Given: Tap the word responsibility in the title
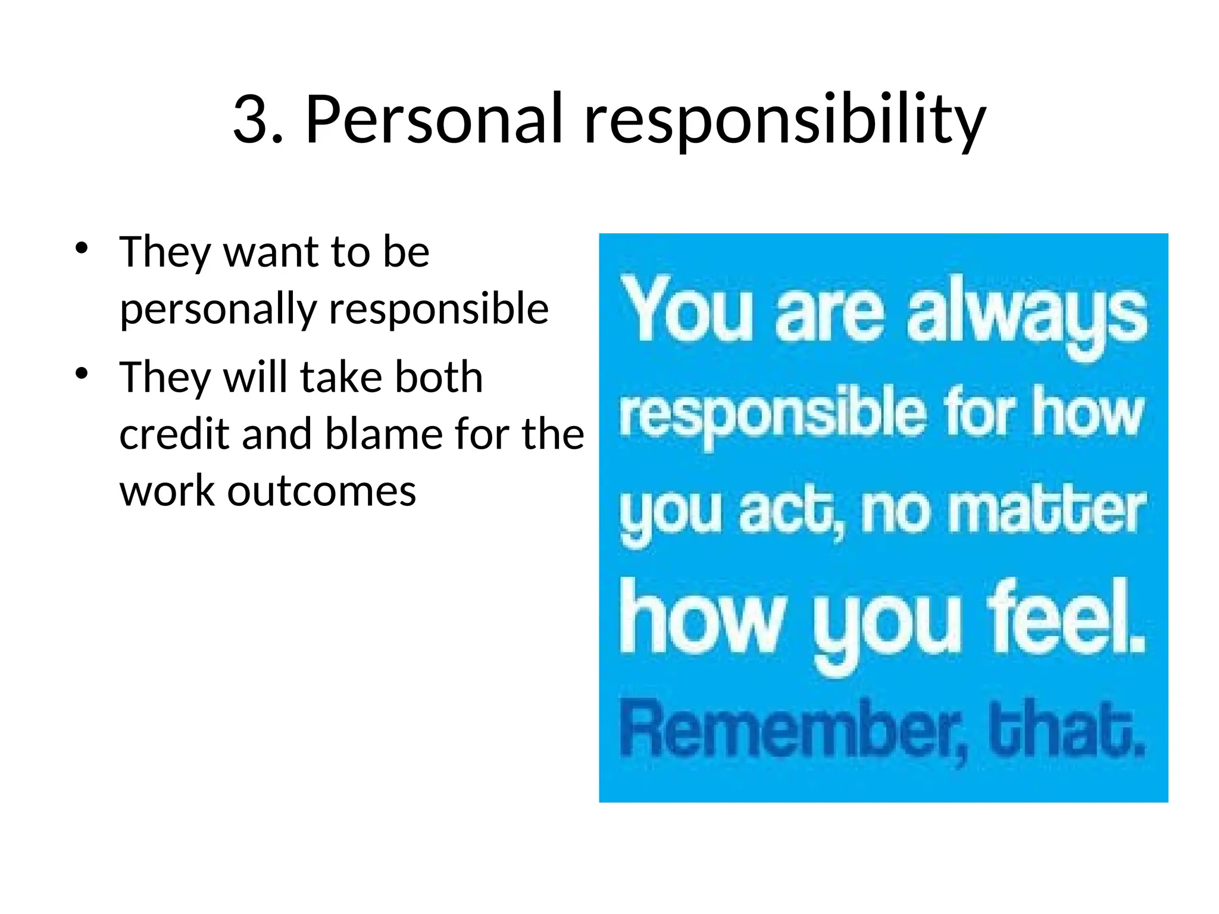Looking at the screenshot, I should (784, 121).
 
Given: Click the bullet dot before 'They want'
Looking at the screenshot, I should (82, 248).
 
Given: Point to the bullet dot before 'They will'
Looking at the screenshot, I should (82, 374).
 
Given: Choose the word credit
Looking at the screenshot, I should (174, 434).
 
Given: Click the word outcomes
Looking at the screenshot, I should (321, 492).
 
